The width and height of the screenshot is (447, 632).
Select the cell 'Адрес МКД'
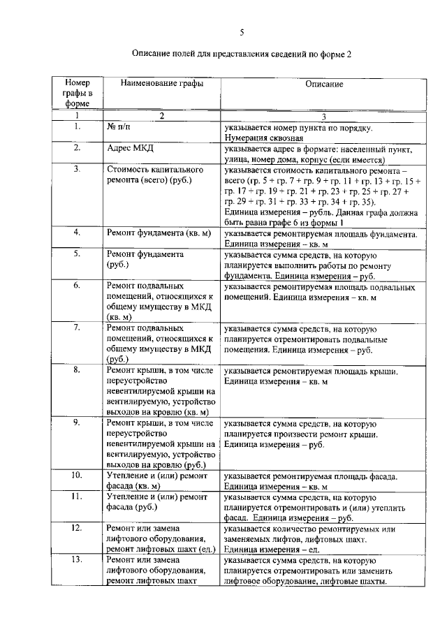coord(131,149)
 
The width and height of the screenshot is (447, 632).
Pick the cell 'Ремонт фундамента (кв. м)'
coord(159,233)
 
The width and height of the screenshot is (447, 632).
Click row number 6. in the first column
coord(78,286)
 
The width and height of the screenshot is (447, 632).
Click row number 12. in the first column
coord(78,529)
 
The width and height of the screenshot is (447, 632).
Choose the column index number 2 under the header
coord(161,116)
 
